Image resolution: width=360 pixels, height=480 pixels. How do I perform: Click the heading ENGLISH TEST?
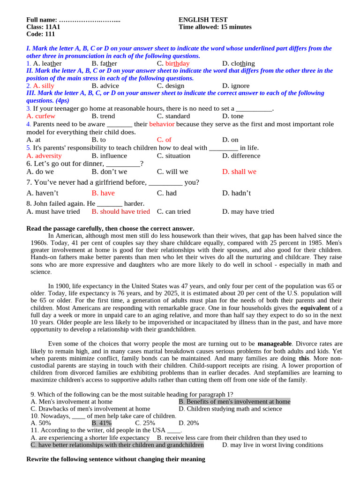click(203, 20)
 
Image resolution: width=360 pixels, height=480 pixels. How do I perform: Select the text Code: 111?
click(41, 34)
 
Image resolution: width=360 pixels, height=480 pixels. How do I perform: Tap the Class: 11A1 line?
click(43, 27)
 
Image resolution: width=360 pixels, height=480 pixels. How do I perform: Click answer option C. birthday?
click(173, 63)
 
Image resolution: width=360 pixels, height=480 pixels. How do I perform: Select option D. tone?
click(232, 116)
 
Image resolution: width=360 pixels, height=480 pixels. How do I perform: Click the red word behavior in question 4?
click(162, 124)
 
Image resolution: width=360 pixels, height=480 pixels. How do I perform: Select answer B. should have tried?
click(120, 211)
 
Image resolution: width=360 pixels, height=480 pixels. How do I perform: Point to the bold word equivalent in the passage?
click(315, 308)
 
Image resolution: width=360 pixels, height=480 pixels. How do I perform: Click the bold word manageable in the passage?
click(275, 344)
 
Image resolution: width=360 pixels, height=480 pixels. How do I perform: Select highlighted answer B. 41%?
click(102, 423)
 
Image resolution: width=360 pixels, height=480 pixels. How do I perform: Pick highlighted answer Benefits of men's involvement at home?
click(234, 401)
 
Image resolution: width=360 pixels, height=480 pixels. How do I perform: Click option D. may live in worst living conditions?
click(272, 445)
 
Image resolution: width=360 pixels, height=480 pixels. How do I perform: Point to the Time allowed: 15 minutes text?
click(215, 27)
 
